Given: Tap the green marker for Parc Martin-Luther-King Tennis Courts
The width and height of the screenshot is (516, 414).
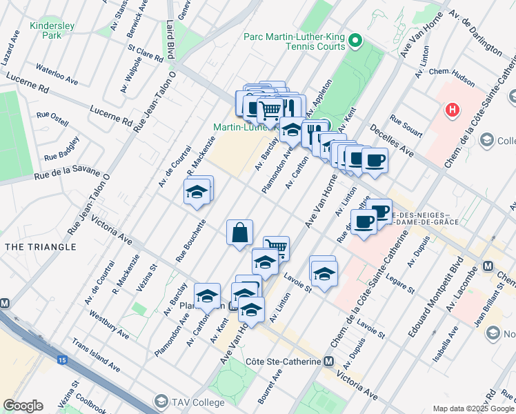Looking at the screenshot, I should coord(356,41).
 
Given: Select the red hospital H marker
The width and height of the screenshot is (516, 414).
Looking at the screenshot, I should coord(452,109).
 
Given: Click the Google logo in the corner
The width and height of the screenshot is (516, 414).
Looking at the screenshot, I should coord(23,406).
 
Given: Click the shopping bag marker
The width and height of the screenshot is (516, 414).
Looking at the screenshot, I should coord(239,232).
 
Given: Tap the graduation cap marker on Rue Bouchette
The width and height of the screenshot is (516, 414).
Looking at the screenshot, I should coord(197,191).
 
